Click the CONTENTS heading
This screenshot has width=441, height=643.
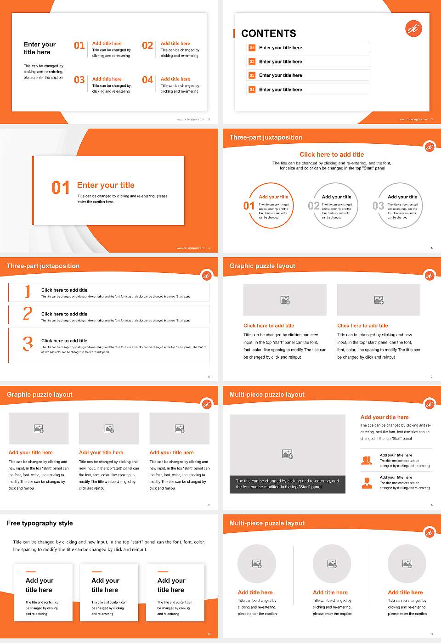click(x=269, y=34)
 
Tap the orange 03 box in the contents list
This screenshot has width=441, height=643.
click(x=252, y=75)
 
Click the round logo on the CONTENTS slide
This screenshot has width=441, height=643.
click(x=413, y=28)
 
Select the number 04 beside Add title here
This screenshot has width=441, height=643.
click(x=147, y=80)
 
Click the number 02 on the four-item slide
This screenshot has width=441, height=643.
click(x=147, y=45)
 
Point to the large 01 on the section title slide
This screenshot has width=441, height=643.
click(x=61, y=187)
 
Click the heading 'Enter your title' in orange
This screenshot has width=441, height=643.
click(x=106, y=185)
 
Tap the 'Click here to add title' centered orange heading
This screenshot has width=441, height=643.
click(x=332, y=155)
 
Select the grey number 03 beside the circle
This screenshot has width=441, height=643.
click(x=378, y=206)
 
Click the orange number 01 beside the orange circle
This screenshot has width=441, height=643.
click(x=249, y=206)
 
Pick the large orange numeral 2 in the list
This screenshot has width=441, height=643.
click(x=28, y=314)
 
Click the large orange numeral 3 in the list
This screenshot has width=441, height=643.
click(x=28, y=344)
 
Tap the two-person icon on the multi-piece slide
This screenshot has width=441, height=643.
click(x=367, y=460)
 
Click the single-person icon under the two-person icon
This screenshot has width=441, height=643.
click(x=367, y=483)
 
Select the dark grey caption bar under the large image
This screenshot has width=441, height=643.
click(x=287, y=484)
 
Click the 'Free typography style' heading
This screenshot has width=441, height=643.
click(x=40, y=523)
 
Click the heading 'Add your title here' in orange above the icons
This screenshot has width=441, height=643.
click(x=384, y=417)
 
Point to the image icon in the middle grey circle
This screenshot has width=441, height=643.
click(x=332, y=564)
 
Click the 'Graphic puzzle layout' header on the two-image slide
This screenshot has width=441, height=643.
click(x=262, y=266)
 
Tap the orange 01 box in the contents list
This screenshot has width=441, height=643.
click(x=252, y=48)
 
